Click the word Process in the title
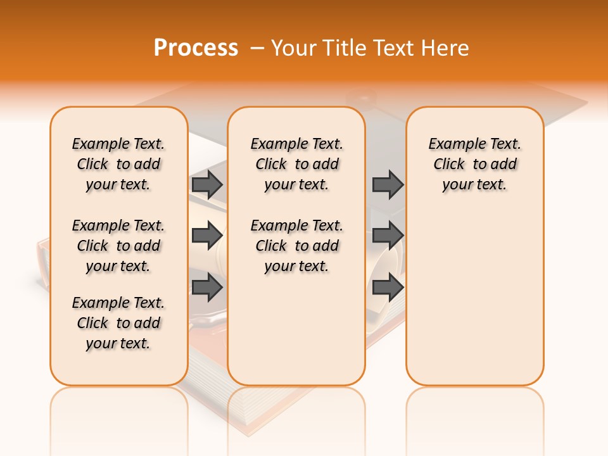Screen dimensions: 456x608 [196, 47]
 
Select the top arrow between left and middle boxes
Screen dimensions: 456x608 [207, 184]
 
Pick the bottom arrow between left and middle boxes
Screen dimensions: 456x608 [207, 288]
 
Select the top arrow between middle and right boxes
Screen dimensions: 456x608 [388, 184]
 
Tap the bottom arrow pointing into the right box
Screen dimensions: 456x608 [388, 288]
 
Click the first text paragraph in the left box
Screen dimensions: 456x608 [118, 164]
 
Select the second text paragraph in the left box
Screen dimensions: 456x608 [118, 246]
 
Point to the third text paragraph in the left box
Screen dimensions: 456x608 [118, 323]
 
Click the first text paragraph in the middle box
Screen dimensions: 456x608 [296, 164]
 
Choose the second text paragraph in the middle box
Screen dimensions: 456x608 [296, 246]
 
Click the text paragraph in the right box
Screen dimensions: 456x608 [474, 164]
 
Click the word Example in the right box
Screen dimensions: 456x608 [452, 144]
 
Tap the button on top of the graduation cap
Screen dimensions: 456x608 [361, 98]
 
